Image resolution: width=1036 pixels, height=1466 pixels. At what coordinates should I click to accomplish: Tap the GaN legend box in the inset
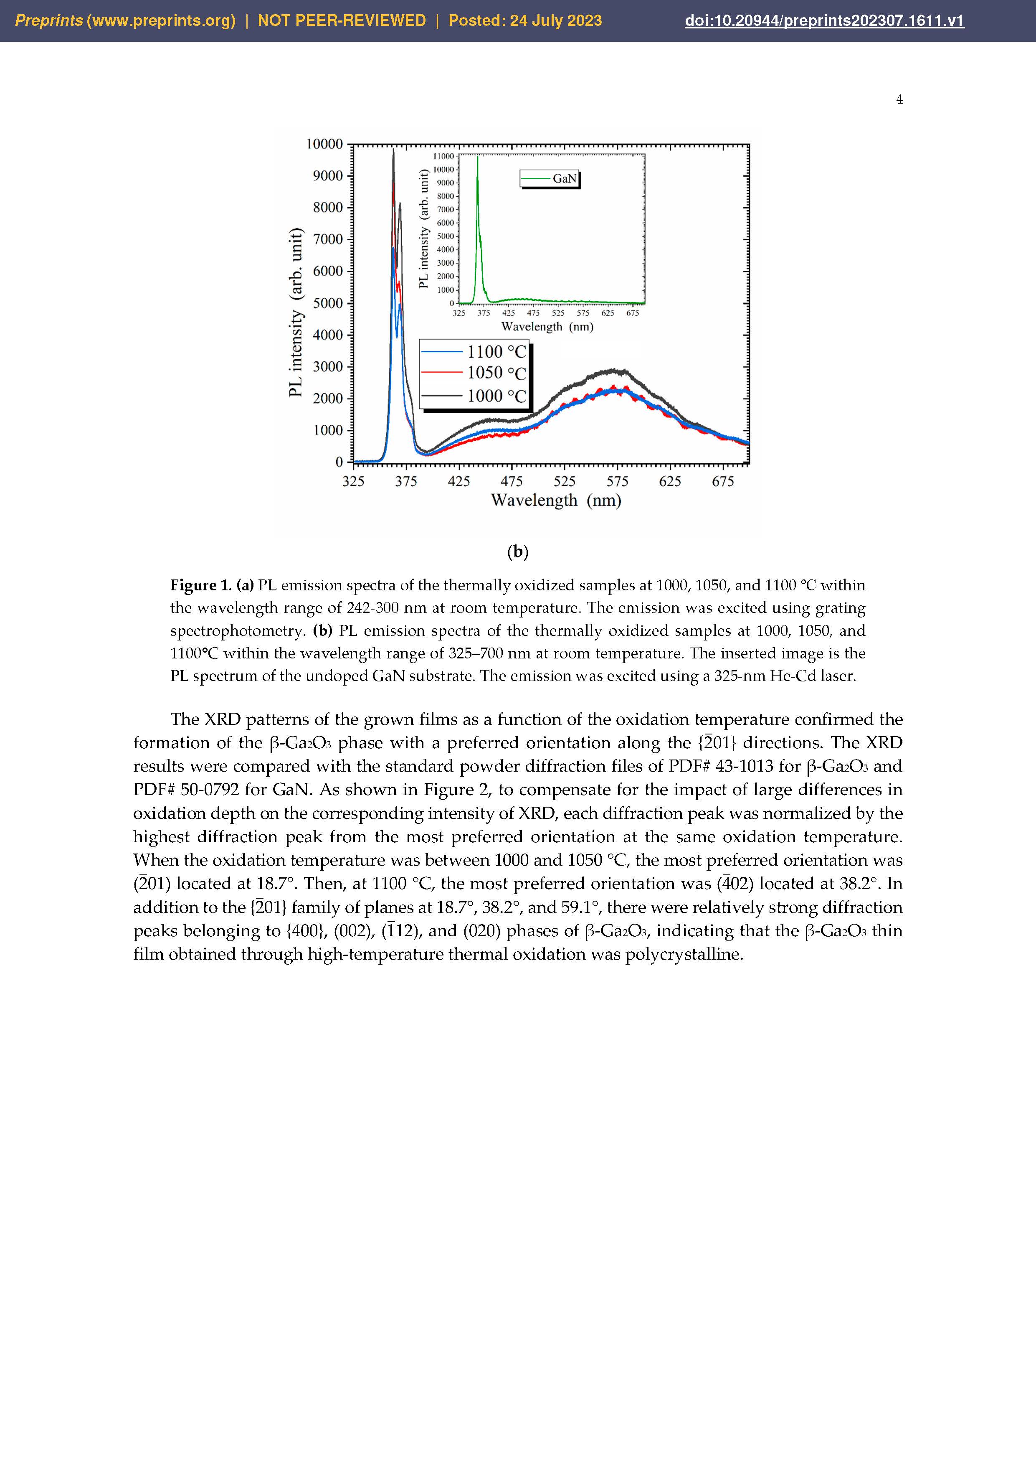point(550,179)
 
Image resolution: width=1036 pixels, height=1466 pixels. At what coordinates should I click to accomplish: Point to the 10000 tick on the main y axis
point(325,144)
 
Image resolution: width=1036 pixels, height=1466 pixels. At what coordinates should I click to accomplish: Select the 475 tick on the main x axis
point(511,481)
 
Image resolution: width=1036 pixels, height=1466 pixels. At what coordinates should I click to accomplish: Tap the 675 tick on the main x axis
point(722,481)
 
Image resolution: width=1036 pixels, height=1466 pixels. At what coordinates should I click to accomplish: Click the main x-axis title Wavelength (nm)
point(556,501)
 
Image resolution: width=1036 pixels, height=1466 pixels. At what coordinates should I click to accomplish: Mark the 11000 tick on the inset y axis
point(443,156)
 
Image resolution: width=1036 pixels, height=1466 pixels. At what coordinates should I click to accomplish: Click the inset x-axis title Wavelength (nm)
point(547,327)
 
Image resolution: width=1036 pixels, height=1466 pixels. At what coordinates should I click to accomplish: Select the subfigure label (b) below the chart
point(518,551)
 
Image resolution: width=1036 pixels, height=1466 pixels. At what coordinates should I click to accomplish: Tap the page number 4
point(899,99)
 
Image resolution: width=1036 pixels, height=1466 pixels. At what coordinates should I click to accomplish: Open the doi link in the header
point(824,21)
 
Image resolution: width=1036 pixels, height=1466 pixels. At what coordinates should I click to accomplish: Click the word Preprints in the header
point(48,21)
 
